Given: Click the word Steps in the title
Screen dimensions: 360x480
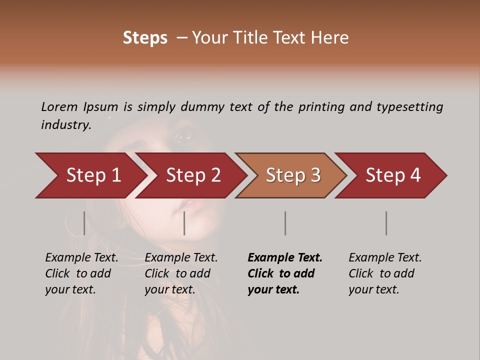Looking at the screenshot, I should pyautogui.click(x=145, y=38).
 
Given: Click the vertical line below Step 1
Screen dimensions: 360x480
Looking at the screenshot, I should pyautogui.click(x=84, y=223).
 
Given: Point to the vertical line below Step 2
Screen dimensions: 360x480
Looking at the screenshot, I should pyautogui.click(x=184, y=223).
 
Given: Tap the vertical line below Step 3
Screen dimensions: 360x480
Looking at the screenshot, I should pyautogui.click(x=285, y=223).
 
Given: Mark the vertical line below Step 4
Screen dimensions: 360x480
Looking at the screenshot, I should pyautogui.click(x=386, y=223).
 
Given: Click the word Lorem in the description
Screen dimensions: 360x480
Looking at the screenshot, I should pyautogui.click(x=59, y=106).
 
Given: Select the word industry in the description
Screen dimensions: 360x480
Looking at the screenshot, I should pyautogui.click(x=66, y=124).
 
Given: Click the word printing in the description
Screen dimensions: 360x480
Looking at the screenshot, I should pyautogui.click(x=322, y=107).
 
